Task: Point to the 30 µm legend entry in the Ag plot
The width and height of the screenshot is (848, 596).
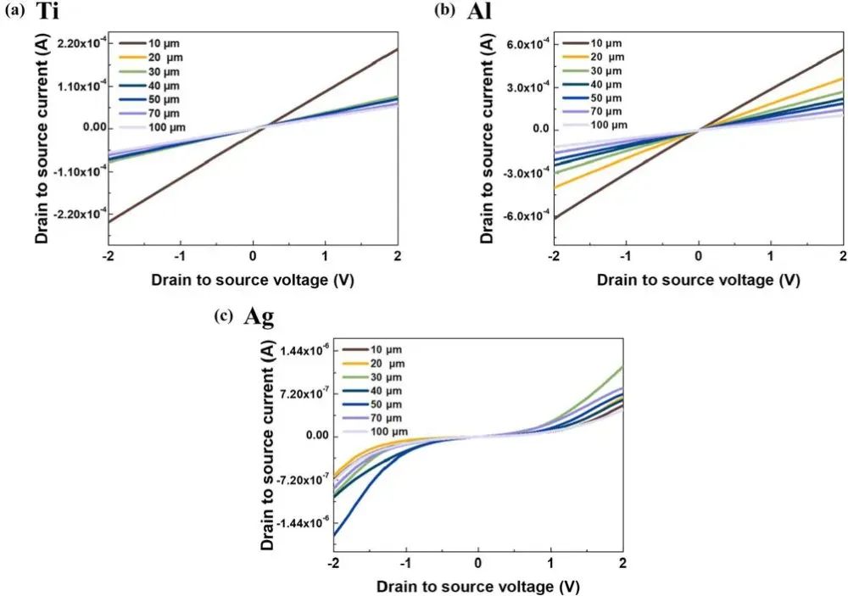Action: pyautogui.click(x=390, y=376)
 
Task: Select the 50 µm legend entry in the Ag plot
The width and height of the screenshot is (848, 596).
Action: pyautogui.click(x=390, y=404)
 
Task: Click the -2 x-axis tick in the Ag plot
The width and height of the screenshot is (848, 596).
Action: pyautogui.click(x=334, y=565)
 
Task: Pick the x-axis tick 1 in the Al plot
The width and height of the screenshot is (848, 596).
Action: pyautogui.click(x=770, y=256)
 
